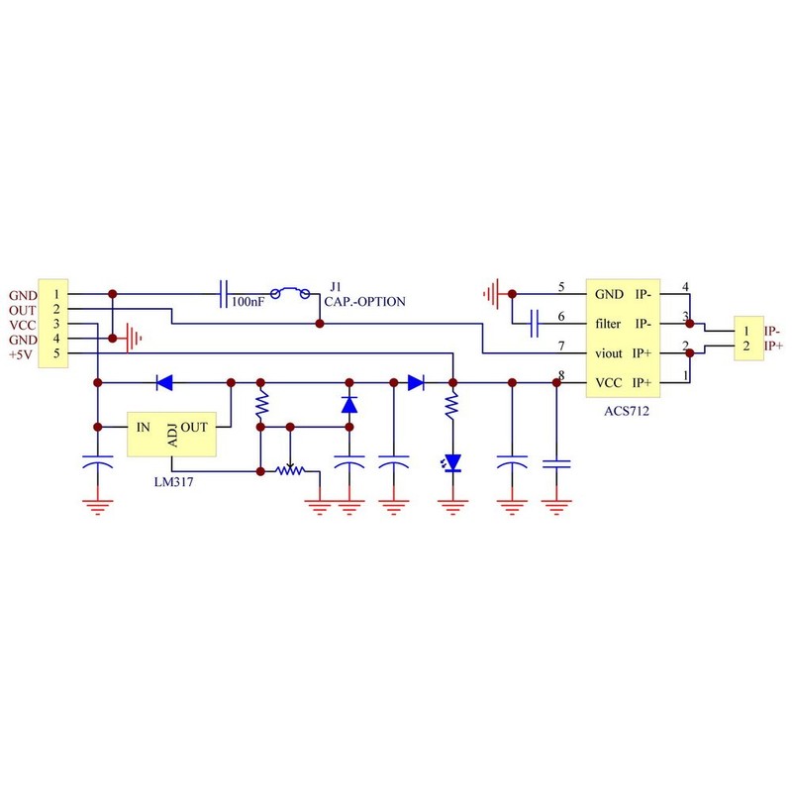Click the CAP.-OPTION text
pos(365,302)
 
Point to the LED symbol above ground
pos(453,462)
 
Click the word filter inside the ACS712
pos(608,324)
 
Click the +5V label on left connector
pos(22,354)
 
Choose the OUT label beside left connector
pos(22,310)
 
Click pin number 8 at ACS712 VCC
pos(561,375)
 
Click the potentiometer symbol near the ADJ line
pos(290,470)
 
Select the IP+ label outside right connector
pos(773,346)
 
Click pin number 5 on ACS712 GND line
pos(561,289)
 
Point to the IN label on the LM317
pos(143,427)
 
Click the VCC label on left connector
pos(22,325)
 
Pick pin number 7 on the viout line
pos(561,346)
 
